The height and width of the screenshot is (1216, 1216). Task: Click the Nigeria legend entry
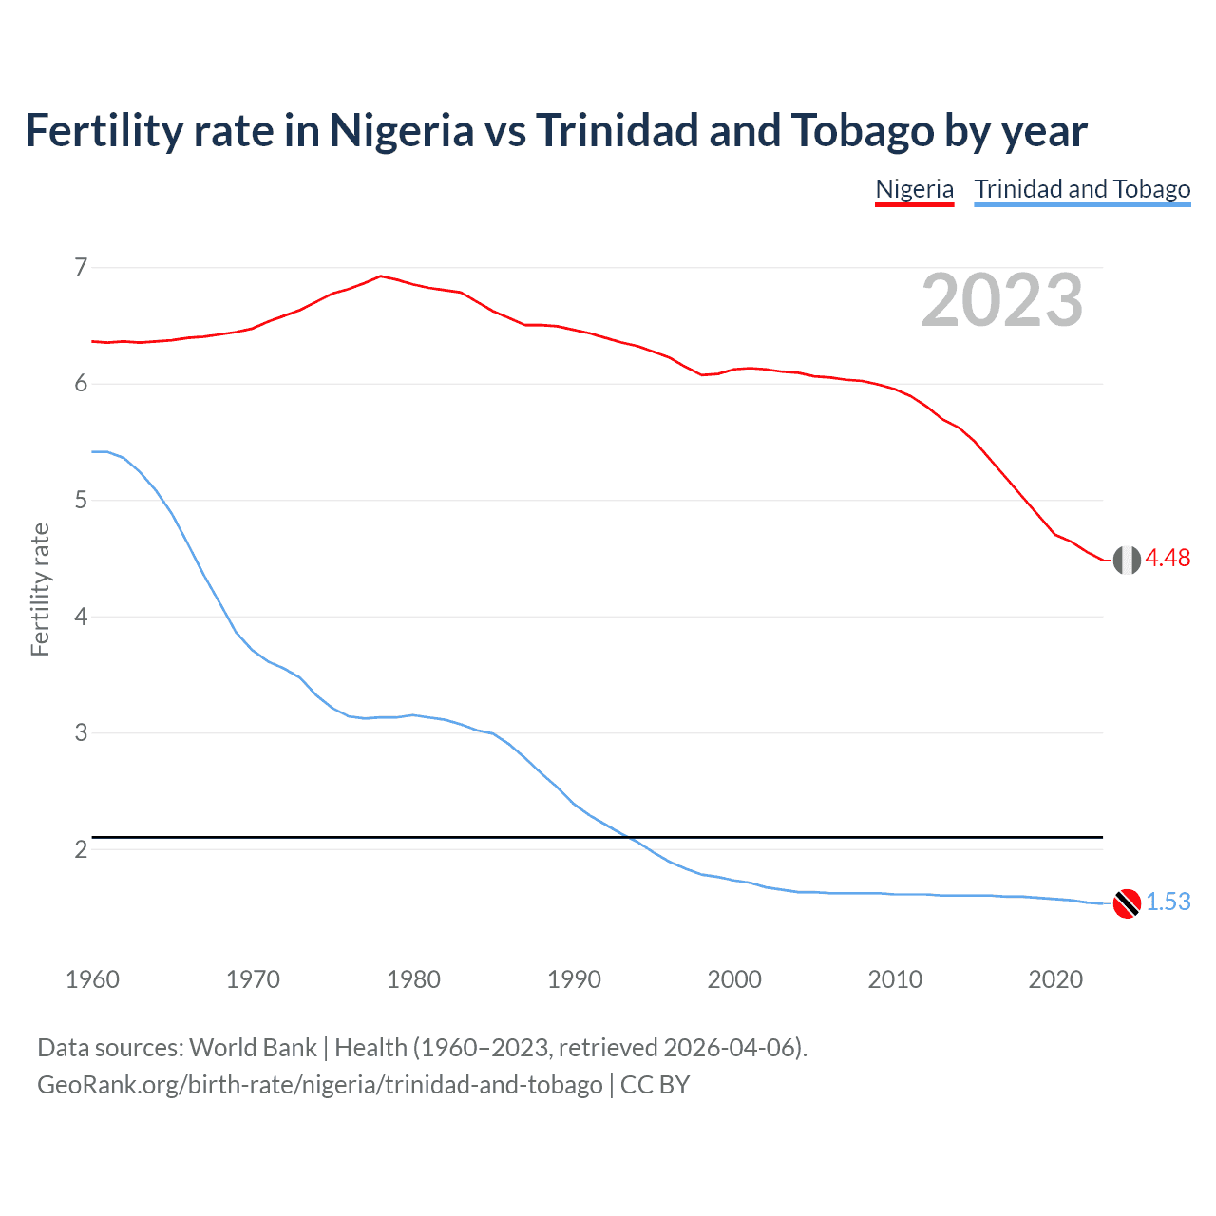[x=914, y=189]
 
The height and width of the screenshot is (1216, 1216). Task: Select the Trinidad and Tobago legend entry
[x=1082, y=189]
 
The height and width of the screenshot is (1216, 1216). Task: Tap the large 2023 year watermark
[x=1002, y=300]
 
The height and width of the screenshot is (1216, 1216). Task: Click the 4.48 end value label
[x=1168, y=559]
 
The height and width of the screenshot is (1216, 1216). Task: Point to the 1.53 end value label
[x=1168, y=902]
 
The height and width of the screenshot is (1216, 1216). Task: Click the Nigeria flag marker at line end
[x=1127, y=560]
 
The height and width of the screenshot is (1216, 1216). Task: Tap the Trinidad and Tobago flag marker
[x=1127, y=903]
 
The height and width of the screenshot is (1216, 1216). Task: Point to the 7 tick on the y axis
[x=81, y=267]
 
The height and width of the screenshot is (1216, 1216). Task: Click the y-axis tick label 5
[x=81, y=500]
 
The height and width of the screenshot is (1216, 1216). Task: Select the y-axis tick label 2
[x=81, y=849]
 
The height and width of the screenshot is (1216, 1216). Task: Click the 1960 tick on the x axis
[x=92, y=979]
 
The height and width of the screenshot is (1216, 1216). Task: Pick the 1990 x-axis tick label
[x=574, y=979]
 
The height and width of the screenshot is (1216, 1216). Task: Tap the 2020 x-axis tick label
[x=1055, y=979]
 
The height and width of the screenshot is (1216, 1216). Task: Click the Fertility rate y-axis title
[x=40, y=589]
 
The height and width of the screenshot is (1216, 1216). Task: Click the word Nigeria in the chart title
[x=401, y=131]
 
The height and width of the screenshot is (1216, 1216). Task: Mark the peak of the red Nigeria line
[x=381, y=275]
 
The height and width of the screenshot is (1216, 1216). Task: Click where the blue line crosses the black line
[x=627, y=837]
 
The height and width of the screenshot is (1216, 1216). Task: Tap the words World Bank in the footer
[x=253, y=1048]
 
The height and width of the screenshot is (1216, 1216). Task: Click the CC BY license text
[x=655, y=1085]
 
